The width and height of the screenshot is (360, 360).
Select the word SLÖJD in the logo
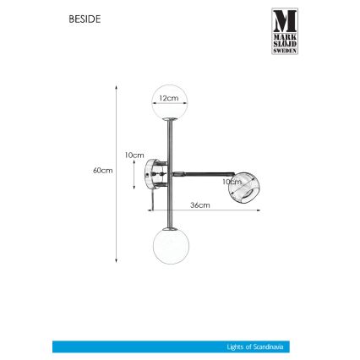(285, 43)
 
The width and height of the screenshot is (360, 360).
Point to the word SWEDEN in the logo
(285, 50)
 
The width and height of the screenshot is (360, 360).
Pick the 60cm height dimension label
(103, 169)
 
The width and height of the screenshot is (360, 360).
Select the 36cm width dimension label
(199, 205)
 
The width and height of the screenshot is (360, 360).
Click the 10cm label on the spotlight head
(231, 181)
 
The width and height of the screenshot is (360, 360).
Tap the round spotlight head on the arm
(243, 185)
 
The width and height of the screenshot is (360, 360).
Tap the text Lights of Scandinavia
(251, 346)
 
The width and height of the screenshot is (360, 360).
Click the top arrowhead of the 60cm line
(117, 85)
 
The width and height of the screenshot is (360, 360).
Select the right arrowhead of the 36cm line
(258, 209)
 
